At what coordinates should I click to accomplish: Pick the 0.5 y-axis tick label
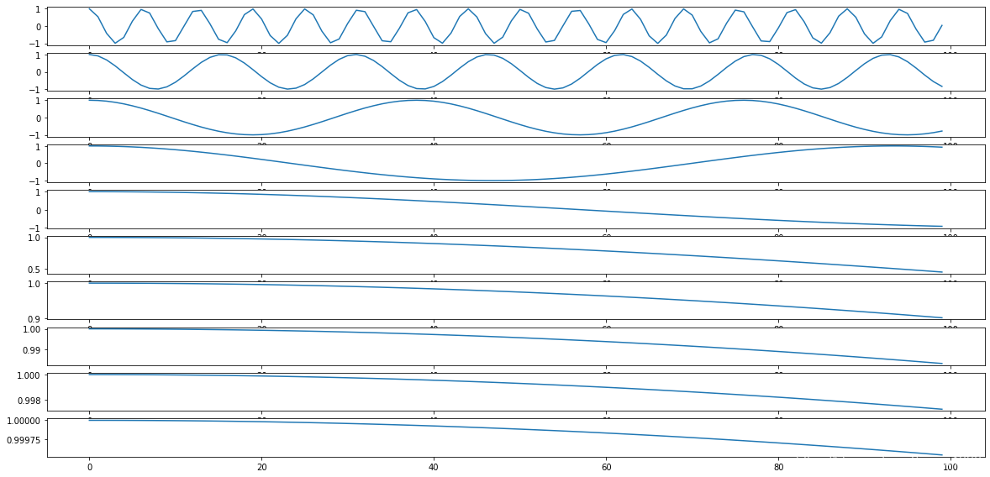click(x=34, y=269)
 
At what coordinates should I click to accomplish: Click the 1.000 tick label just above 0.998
click(x=28, y=375)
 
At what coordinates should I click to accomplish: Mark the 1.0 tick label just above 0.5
click(x=34, y=238)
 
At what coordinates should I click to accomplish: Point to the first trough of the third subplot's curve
click(x=253, y=134)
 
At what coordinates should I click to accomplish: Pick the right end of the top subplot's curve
click(x=941, y=25)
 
